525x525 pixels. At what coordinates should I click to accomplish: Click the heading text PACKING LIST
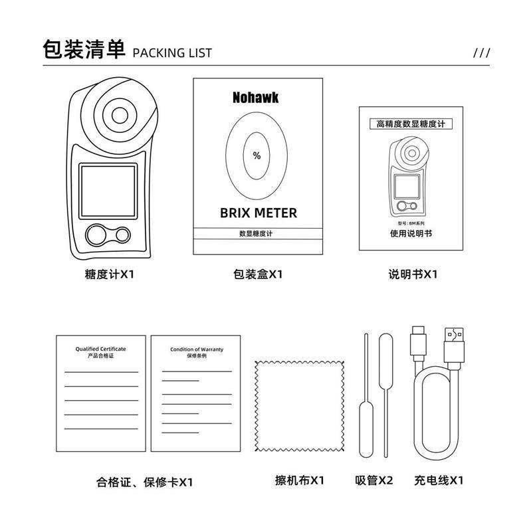click(172, 52)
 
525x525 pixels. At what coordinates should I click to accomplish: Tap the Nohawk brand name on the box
click(256, 98)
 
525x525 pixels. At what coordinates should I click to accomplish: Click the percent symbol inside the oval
click(257, 156)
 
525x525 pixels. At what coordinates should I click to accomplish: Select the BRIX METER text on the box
click(258, 213)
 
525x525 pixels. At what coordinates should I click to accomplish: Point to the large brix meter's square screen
click(108, 190)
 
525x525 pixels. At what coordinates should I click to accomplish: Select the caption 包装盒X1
click(258, 273)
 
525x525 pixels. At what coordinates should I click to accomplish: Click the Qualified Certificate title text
click(100, 349)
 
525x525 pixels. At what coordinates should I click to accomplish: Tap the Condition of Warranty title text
click(196, 350)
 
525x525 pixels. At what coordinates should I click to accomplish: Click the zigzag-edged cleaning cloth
click(299, 405)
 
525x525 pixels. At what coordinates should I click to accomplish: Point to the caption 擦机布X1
click(300, 480)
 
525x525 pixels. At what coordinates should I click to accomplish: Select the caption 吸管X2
click(374, 480)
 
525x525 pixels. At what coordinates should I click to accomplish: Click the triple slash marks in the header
click(481, 53)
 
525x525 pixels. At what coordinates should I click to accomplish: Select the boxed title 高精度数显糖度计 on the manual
click(411, 124)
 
